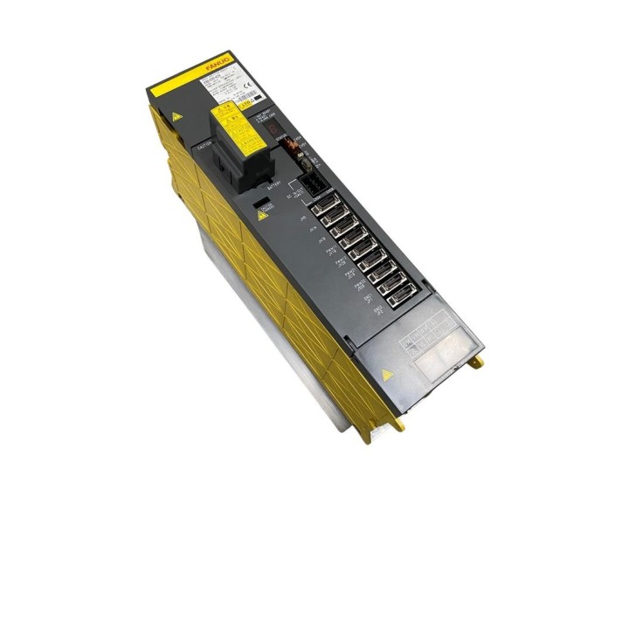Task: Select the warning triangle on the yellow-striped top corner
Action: pos(177,115)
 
